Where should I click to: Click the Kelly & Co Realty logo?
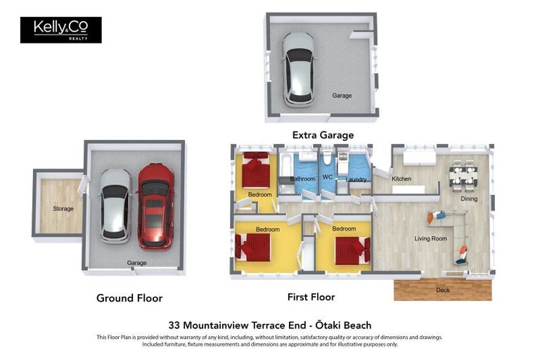point(61,30)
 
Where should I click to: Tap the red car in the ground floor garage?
point(155,206)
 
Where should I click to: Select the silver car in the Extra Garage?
point(298,69)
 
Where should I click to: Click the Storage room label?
point(63,208)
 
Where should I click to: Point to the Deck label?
point(442,290)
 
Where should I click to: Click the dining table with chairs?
point(463,175)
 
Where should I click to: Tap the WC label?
point(328,176)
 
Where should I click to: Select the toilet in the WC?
point(327,158)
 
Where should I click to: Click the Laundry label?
point(356,179)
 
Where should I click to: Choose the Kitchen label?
point(401,179)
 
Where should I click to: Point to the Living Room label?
point(430,238)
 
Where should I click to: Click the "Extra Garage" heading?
point(323,135)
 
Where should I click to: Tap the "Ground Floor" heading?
point(129,298)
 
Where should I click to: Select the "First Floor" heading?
point(311,297)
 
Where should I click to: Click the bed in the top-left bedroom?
point(256,170)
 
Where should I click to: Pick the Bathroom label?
point(303,179)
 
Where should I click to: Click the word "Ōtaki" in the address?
point(328,326)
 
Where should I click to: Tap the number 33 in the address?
point(174,326)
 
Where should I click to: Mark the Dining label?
point(469,199)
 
